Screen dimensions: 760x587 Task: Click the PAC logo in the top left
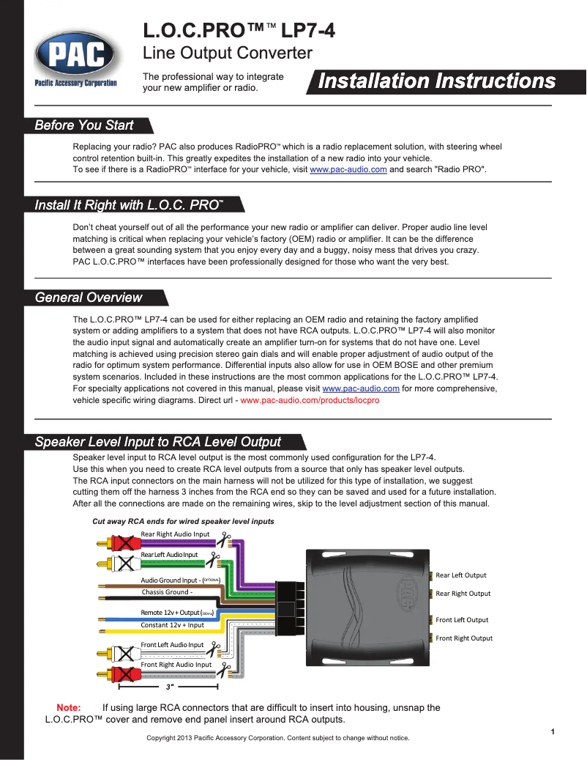click(x=75, y=56)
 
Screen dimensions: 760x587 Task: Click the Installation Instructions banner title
click(x=437, y=81)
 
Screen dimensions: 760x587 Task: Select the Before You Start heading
click(x=84, y=125)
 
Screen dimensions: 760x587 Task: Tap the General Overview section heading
click(x=89, y=298)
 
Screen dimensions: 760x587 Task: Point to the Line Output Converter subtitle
click(x=227, y=54)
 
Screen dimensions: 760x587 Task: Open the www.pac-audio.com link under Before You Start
click(x=348, y=169)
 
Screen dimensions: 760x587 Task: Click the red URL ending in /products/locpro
click(x=310, y=402)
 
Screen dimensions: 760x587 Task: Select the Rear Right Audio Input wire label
click(x=175, y=534)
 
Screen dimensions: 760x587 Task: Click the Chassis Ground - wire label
click(x=167, y=592)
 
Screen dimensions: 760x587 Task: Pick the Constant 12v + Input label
click(x=172, y=625)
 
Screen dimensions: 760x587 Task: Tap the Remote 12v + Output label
click(x=171, y=612)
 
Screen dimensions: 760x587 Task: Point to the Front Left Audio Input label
click(x=172, y=645)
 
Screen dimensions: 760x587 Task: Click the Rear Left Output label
click(x=461, y=575)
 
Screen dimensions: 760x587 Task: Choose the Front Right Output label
click(x=464, y=638)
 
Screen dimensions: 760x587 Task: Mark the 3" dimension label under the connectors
click(x=170, y=687)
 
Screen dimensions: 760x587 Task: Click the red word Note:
click(x=69, y=708)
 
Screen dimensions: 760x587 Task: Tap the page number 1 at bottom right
click(x=553, y=732)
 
